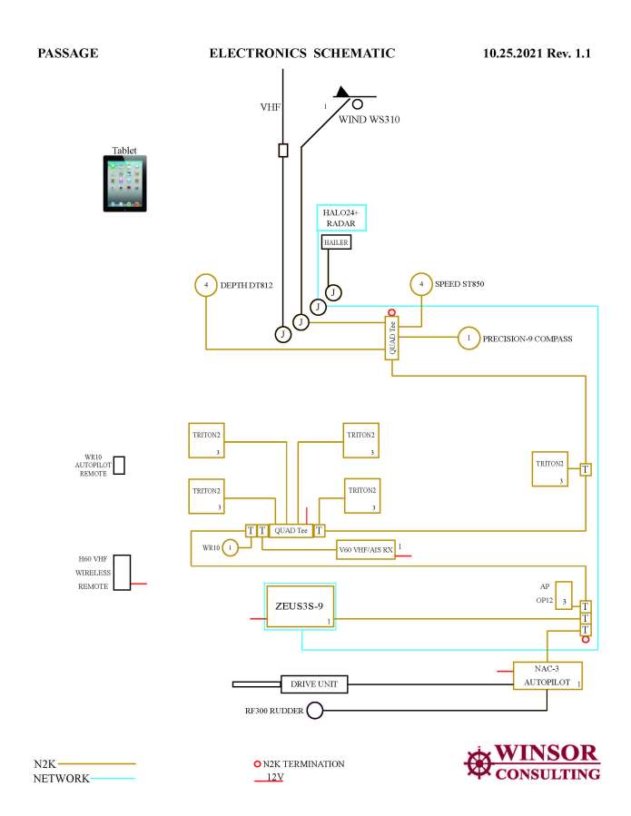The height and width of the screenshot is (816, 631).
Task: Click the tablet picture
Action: (124, 183)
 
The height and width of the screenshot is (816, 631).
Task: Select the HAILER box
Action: (335, 242)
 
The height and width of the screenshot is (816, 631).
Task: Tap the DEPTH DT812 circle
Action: (206, 285)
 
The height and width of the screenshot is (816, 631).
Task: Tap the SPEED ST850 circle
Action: (421, 285)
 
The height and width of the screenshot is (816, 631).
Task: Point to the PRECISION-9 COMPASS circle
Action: (468, 339)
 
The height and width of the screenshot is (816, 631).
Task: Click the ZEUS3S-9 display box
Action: (299, 606)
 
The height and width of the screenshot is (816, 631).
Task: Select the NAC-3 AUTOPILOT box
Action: (547, 675)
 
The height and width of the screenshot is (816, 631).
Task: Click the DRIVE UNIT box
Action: (313, 683)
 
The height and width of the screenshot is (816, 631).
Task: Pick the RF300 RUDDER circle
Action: (315, 711)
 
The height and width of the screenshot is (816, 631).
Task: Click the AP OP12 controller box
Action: (564, 594)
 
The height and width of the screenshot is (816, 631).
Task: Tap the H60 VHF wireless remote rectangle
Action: (122, 573)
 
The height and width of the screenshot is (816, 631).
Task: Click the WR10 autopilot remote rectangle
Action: (119, 465)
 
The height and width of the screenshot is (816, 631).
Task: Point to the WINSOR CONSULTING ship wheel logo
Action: (478, 762)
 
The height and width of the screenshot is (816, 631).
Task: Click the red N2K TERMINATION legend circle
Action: (258, 764)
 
